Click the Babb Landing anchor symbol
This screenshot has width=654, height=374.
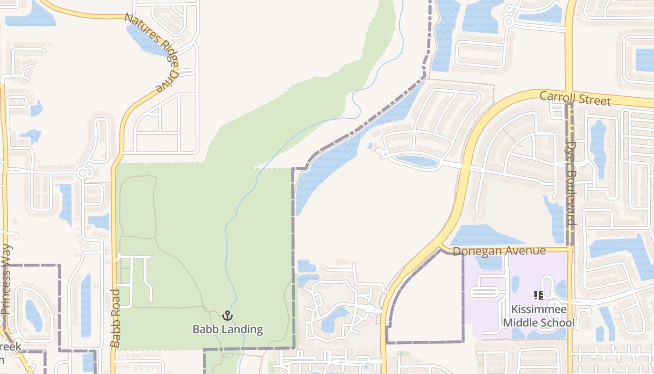click(x=227, y=316)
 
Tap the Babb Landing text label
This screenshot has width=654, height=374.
click(x=227, y=330)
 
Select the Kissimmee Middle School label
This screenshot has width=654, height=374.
click(x=539, y=316)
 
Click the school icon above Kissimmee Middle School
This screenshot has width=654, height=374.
click(x=538, y=295)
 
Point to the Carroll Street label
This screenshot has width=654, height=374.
click(x=575, y=98)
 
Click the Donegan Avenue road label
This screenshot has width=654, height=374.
click(x=499, y=251)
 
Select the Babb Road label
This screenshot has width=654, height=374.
click(x=115, y=318)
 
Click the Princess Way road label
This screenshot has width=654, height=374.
click(x=7, y=280)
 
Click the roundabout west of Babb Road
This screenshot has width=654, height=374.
click(x=83, y=173)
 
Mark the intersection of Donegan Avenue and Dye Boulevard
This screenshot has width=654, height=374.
click(x=570, y=249)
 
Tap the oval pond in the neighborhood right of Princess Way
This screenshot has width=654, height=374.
click(x=33, y=316)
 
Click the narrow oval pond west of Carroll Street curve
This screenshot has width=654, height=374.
click(x=416, y=160)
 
